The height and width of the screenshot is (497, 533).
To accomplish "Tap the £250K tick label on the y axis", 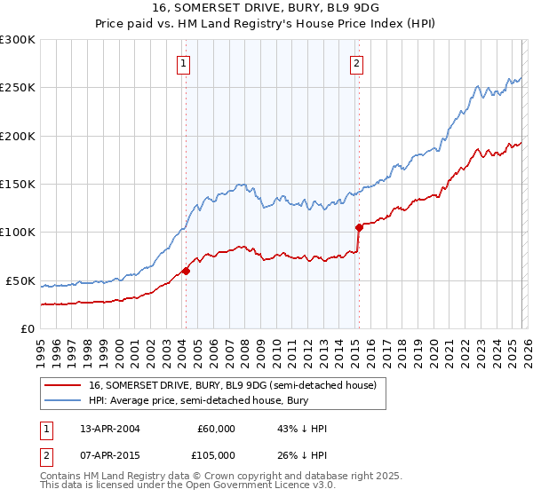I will click(17, 88).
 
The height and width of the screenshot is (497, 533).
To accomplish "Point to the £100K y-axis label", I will click(17, 233).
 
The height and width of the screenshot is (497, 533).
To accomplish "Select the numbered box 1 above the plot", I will click(183, 63).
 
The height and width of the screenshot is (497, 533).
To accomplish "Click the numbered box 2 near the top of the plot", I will click(356, 63).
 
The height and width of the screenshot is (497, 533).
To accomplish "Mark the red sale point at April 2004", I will click(186, 271).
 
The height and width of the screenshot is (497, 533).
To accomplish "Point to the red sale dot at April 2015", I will click(359, 227).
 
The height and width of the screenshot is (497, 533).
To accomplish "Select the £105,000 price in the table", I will click(216, 454).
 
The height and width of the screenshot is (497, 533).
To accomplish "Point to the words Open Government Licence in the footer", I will click(284, 487).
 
